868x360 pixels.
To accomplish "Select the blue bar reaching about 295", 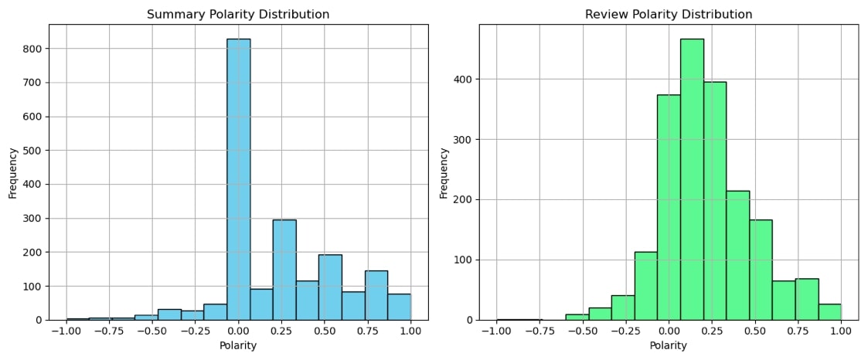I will click(284, 270).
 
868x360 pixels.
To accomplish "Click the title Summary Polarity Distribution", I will click(238, 15).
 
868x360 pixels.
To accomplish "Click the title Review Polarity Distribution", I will click(669, 15).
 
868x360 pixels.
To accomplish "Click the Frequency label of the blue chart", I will click(12, 172).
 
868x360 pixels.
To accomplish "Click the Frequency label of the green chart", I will click(444, 172).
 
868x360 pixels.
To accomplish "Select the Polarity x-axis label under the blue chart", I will click(238, 345).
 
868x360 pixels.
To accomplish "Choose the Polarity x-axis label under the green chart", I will click(669, 345).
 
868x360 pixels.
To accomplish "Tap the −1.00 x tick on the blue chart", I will click(66, 331).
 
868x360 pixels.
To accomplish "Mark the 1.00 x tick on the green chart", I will click(841, 331).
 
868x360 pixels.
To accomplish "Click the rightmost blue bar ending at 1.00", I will click(399, 307).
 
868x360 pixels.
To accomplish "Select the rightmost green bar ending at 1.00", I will click(829, 312).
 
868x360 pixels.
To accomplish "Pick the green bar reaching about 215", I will click(737, 255).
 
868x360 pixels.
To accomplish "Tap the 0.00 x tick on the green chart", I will click(669, 331).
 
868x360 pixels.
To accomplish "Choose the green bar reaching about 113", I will click(645, 286).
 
